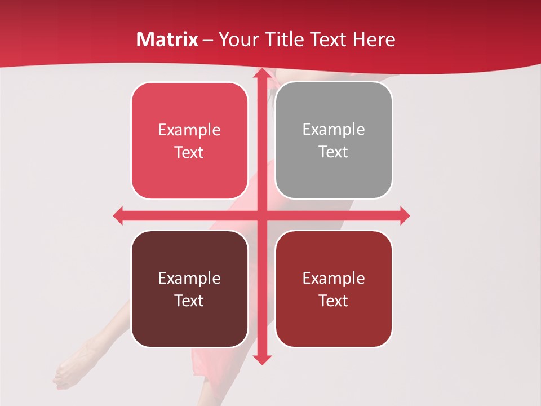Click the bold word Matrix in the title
[x=167, y=39]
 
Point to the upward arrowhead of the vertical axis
[x=262, y=73]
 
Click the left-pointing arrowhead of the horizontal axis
[x=119, y=215]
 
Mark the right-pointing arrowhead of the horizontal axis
[x=404, y=215]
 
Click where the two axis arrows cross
[x=262, y=215]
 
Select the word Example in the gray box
[x=334, y=130]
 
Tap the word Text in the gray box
[x=334, y=152]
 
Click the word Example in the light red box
[x=189, y=130]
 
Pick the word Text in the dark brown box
[x=189, y=301]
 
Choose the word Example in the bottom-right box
[x=334, y=278]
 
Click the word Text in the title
[x=328, y=39]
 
